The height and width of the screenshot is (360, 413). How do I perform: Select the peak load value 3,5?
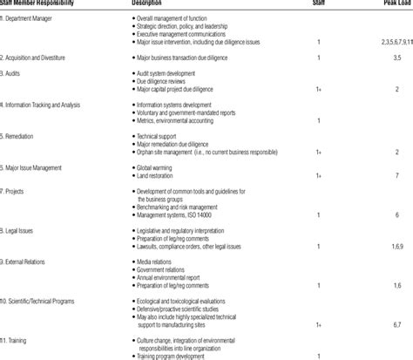click(x=396, y=57)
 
